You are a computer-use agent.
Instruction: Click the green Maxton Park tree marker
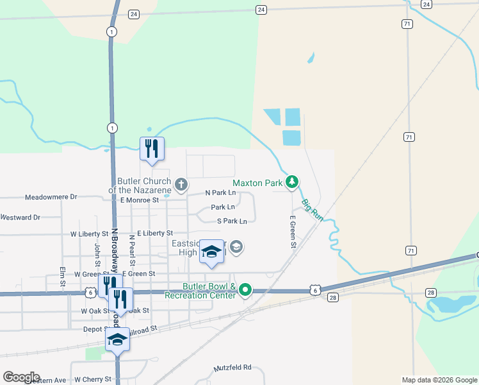click(x=292, y=183)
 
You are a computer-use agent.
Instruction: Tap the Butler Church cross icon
click(x=181, y=185)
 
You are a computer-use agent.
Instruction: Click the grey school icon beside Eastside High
click(x=236, y=247)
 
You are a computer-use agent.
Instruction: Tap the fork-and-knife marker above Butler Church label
click(x=152, y=149)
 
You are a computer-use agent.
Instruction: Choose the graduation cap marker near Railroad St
click(x=117, y=339)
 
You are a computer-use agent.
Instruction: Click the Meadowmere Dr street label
click(x=51, y=197)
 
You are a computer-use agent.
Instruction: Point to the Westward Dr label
click(x=20, y=218)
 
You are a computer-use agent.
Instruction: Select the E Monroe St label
click(x=139, y=200)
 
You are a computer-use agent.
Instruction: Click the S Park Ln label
click(x=231, y=221)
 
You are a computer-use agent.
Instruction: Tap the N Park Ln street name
click(x=220, y=193)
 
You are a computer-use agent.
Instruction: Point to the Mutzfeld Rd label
click(x=232, y=368)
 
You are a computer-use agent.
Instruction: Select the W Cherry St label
click(x=93, y=380)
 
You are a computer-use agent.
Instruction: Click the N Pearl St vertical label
click(x=132, y=250)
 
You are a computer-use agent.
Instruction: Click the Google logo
click(x=21, y=377)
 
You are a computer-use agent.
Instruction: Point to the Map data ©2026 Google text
click(x=439, y=380)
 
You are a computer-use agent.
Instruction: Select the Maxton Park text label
click(x=257, y=183)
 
